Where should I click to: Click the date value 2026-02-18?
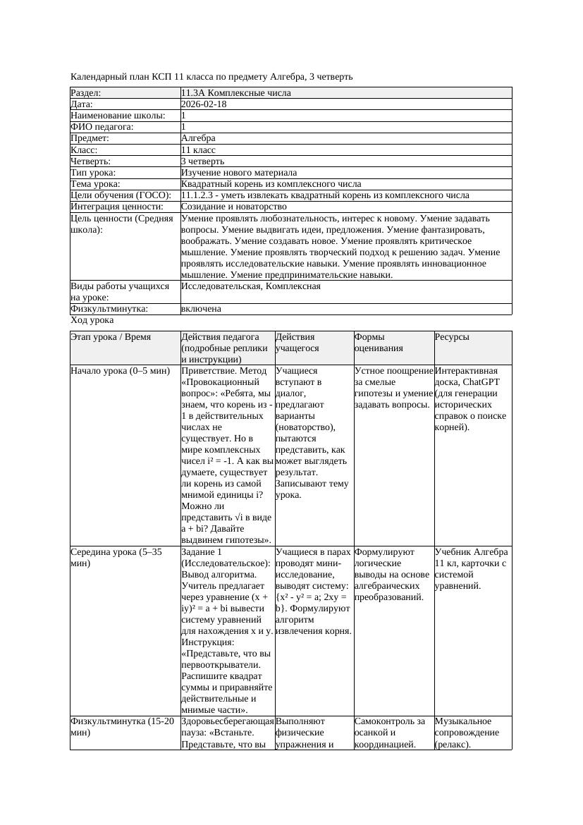click(x=204, y=104)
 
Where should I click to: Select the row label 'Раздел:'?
click(x=86, y=93)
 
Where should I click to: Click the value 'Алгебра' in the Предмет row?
click(x=198, y=138)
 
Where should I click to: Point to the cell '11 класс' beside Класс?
click(x=198, y=150)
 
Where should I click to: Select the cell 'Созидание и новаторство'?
click(x=233, y=207)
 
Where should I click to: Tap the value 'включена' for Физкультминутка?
click(x=201, y=309)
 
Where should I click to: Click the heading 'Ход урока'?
click(x=92, y=320)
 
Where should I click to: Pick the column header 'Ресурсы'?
click(x=452, y=338)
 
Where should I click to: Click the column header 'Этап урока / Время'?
click(x=111, y=338)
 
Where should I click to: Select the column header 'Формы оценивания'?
click(x=379, y=343)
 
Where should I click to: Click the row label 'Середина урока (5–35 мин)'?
click(x=116, y=557)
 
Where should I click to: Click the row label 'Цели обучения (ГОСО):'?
click(x=121, y=195)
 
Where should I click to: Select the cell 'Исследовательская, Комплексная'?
click(x=250, y=286)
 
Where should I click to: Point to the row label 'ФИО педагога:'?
click(x=102, y=127)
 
